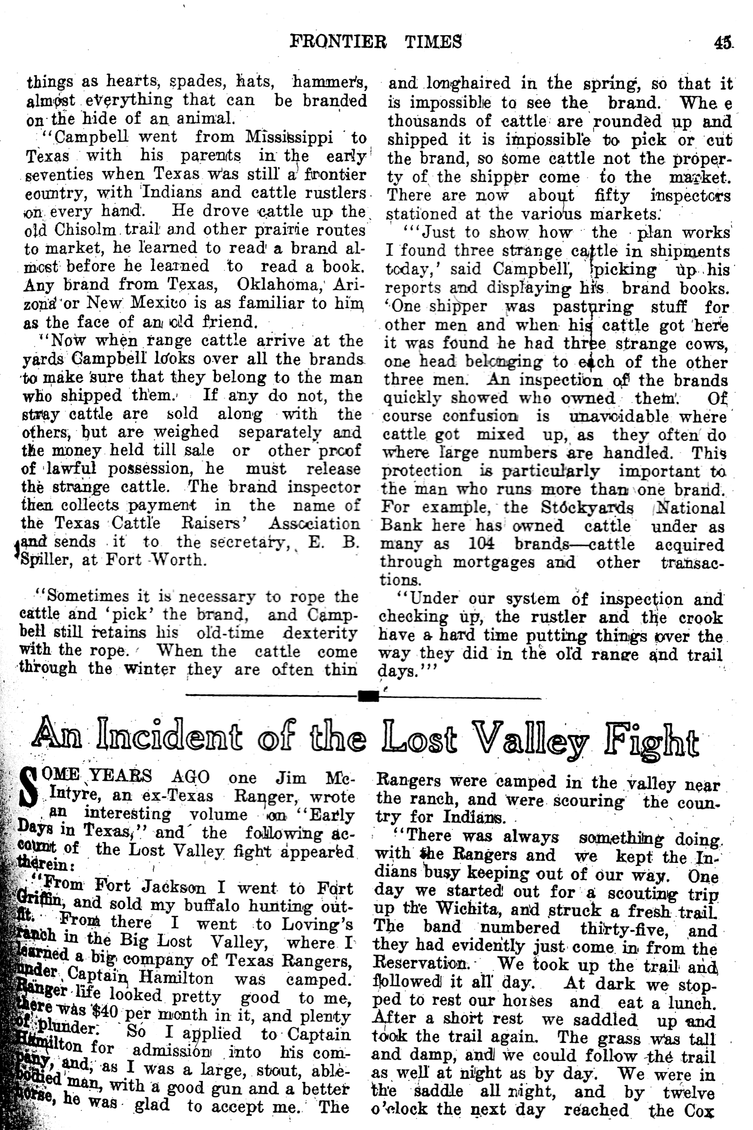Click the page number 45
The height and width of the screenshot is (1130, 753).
[x=722, y=43]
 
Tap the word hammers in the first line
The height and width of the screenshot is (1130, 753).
[x=330, y=82]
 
